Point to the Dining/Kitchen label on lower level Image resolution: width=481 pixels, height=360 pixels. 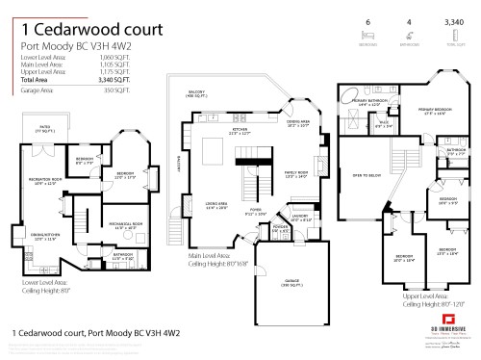point(45,236)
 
